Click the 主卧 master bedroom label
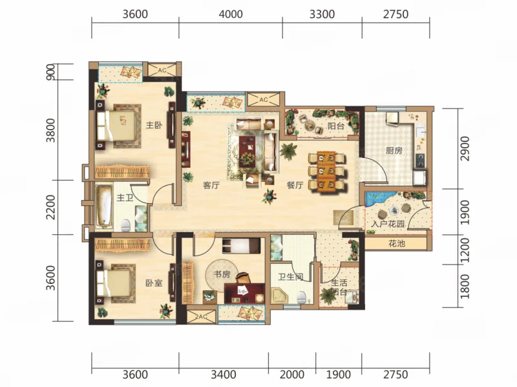click(x=154, y=125)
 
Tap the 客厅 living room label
click(x=211, y=185)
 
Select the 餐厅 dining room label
click(x=295, y=185)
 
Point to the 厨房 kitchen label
click(x=394, y=151)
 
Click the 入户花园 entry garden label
click(x=388, y=224)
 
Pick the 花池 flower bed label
click(x=397, y=244)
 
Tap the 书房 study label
click(x=222, y=274)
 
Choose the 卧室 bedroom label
click(x=154, y=283)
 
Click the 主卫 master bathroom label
click(x=125, y=197)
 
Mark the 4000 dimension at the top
click(x=231, y=14)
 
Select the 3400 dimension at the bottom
click(x=224, y=375)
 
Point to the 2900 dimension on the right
click(x=464, y=149)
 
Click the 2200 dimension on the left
click(x=51, y=207)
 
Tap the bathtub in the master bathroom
click(x=104, y=206)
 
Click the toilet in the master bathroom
click(x=126, y=225)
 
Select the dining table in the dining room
click(x=326, y=171)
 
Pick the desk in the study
click(x=244, y=293)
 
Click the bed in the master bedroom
click(x=116, y=126)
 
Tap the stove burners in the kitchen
click(x=421, y=161)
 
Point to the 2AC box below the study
click(x=201, y=317)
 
